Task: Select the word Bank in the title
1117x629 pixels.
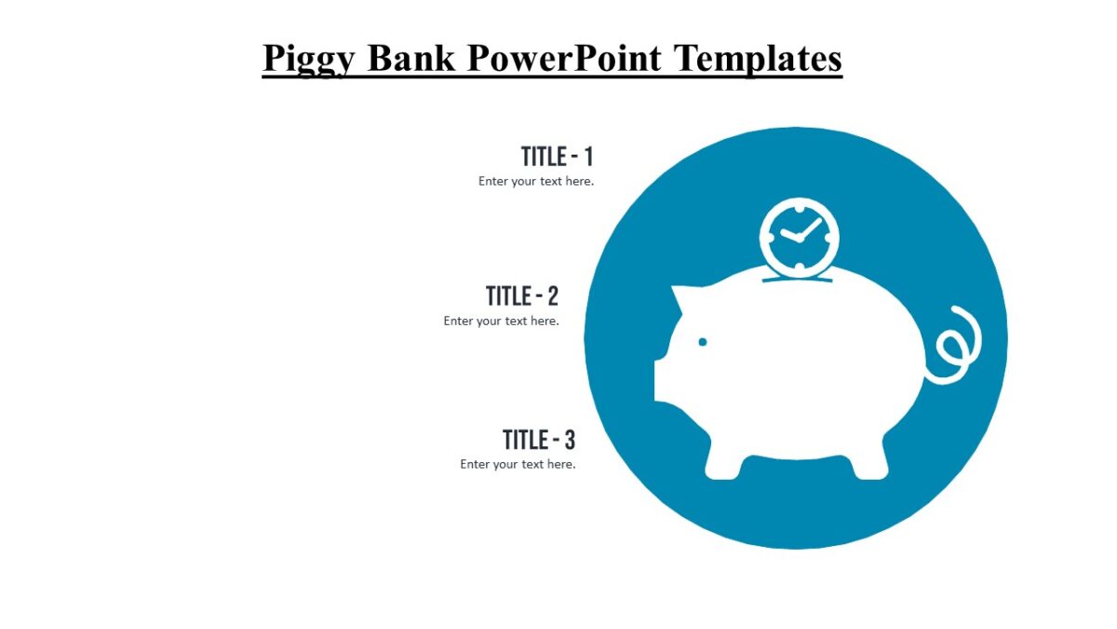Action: (411, 58)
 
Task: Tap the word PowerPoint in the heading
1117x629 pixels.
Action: (564, 58)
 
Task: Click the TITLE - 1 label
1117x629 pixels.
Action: (557, 156)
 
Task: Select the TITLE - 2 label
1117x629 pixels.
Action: (522, 296)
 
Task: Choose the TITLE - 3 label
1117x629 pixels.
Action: (539, 440)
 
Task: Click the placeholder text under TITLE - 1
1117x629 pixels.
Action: (536, 182)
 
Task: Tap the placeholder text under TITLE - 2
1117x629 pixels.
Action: (501, 321)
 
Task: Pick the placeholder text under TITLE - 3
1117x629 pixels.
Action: (518, 464)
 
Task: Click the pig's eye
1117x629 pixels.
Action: (703, 342)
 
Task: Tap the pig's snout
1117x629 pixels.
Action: (663, 380)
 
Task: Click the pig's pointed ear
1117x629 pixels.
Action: (687, 300)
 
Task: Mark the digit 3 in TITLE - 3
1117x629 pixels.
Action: (570, 440)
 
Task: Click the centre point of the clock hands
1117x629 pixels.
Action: (798, 239)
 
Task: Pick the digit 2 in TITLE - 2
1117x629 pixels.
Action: (553, 296)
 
